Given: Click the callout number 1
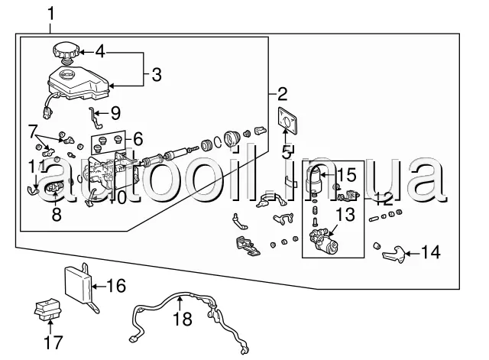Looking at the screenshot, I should (52, 13).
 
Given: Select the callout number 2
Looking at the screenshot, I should (282, 95).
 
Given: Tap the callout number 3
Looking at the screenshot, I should (156, 74).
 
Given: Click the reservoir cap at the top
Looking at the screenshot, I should (66, 53).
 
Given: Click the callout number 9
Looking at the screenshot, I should (115, 114).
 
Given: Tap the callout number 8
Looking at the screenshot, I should (57, 215).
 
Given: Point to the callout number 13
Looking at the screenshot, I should (346, 215).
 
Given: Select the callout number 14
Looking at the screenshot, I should (431, 252).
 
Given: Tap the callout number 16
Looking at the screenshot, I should (115, 287).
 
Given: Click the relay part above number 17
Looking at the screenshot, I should (47, 311).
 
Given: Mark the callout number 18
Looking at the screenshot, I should (181, 319).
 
